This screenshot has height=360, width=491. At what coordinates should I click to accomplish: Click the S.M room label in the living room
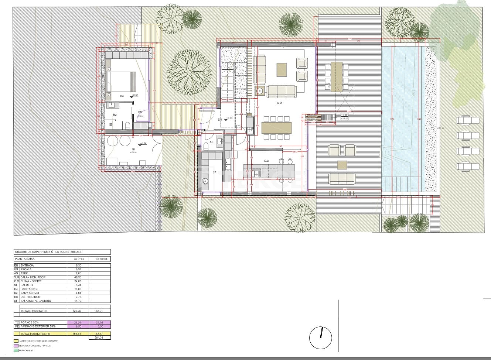tap(279, 103)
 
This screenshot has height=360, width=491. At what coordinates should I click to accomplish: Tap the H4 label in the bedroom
tap(122, 96)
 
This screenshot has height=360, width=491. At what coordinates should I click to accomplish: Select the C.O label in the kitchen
tap(266, 161)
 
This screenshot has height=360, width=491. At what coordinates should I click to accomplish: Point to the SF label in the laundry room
tap(214, 172)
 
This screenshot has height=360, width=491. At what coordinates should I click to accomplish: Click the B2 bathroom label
tap(115, 115)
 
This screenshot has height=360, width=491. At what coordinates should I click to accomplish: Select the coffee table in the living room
tap(282, 69)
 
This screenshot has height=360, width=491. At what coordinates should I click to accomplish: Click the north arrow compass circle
tap(321, 337)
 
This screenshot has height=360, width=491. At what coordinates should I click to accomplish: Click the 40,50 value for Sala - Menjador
tap(78, 277)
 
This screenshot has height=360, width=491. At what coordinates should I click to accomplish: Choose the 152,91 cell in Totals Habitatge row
tap(99, 311)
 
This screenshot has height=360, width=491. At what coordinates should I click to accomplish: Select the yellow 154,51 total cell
tap(78, 333)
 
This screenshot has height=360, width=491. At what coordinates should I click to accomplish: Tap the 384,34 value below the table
tap(99, 337)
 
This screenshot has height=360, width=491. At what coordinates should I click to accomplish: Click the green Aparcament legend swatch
tap(16, 350)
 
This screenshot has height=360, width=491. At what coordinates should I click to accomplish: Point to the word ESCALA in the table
tap(26, 270)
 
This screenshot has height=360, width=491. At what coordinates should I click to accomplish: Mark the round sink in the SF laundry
tap(206, 181)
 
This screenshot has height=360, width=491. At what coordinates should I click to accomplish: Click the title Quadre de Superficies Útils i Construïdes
tap(48, 252)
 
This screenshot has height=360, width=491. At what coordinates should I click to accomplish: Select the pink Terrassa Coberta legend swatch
tap(16, 346)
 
